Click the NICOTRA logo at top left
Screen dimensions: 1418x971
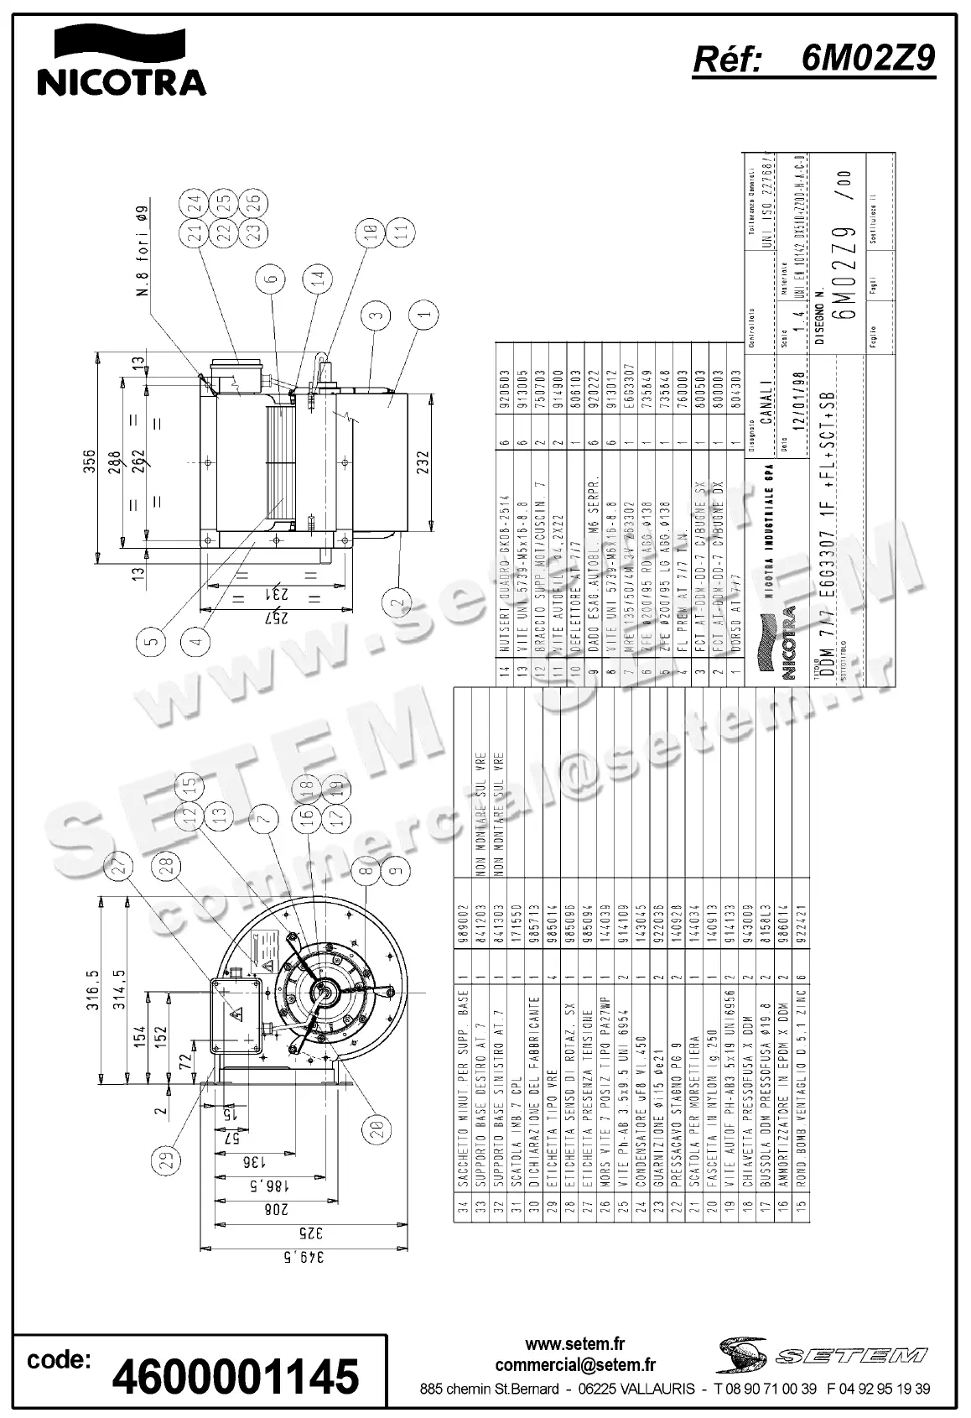pos(120,60)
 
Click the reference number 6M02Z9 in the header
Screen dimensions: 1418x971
pos(867,59)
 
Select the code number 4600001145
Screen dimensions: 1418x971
pos(236,1377)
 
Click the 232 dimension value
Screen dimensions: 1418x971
pos(422,463)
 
